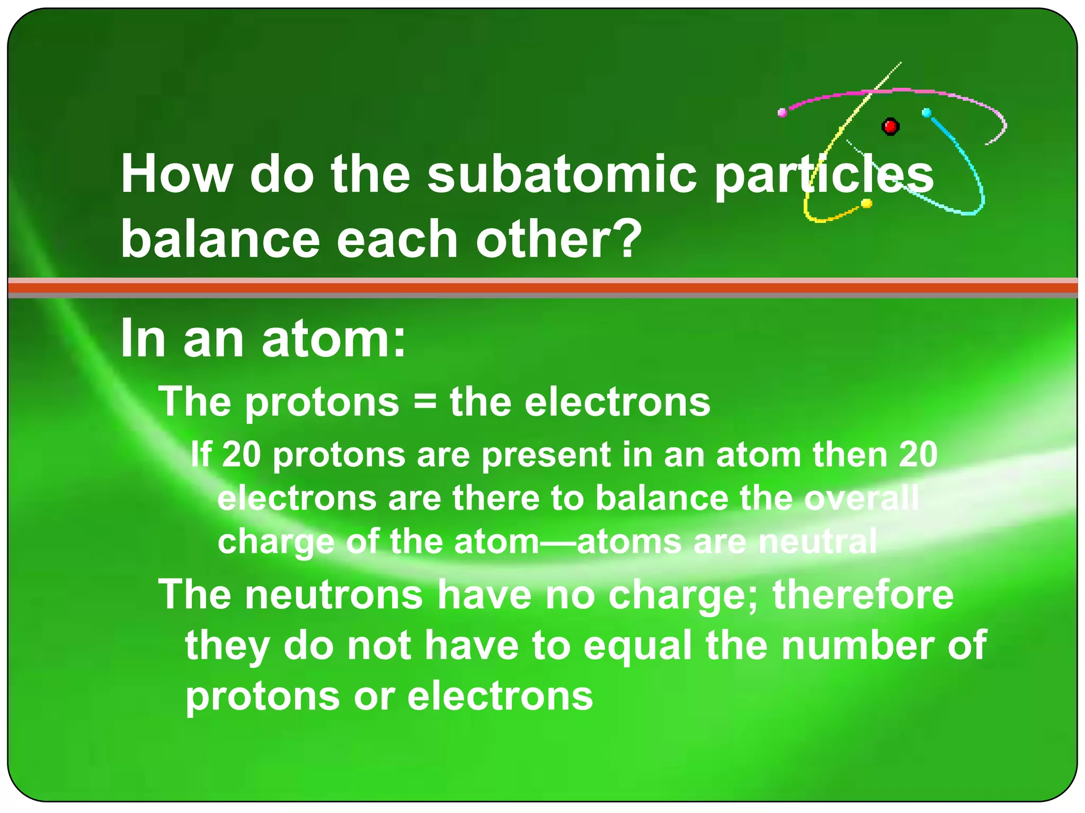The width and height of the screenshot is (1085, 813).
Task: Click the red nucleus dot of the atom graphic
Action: [890, 127]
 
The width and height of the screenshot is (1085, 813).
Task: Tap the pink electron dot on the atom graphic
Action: [782, 112]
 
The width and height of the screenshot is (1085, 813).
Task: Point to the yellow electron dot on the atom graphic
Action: [867, 203]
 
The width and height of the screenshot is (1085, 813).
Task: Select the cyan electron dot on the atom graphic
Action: [927, 113]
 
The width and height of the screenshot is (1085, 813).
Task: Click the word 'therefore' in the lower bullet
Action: [863, 594]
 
